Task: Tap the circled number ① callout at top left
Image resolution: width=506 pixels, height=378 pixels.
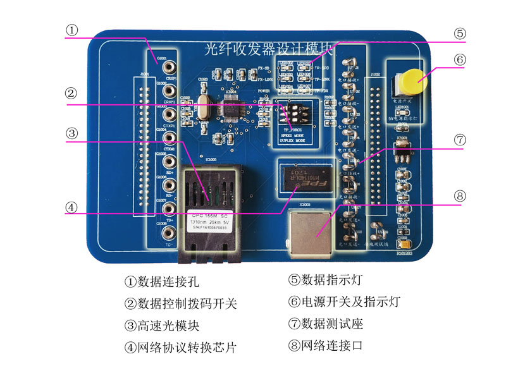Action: pyautogui.click(x=74, y=30)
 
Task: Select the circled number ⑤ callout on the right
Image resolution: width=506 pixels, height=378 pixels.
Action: pyautogui.click(x=460, y=34)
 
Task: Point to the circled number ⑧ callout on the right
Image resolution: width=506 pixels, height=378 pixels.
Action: pyautogui.click(x=460, y=195)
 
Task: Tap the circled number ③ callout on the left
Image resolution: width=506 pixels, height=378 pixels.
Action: pyautogui.click(x=74, y=134)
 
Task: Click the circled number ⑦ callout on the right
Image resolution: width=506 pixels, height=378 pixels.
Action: pyautogui.click(x=460, y=140)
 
